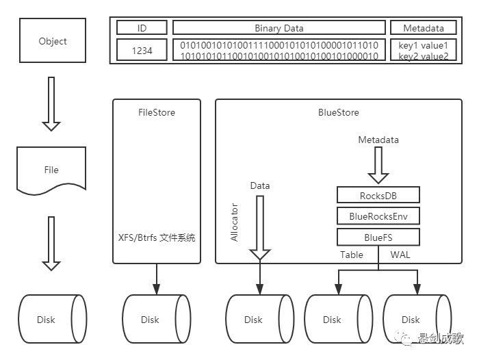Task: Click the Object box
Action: click(53, 41)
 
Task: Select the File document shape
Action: click(51, 169)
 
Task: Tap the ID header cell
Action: click(142, 28)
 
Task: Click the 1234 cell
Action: click(142, 51)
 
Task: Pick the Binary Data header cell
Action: click(279, 28)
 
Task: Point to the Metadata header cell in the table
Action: click(424, 28)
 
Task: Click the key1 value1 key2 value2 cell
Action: click(424, 51)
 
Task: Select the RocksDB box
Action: click(378, 196)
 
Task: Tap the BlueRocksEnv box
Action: click(378, 216)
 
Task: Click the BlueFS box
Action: click(378, 237)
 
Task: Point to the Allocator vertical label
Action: click(234, 222)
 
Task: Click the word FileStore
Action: click(157, 112)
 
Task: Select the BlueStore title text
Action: click(339, 112)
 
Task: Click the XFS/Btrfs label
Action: click(157, 237)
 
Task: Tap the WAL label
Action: click(400, 255)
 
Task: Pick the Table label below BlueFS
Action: click(352, 255)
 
